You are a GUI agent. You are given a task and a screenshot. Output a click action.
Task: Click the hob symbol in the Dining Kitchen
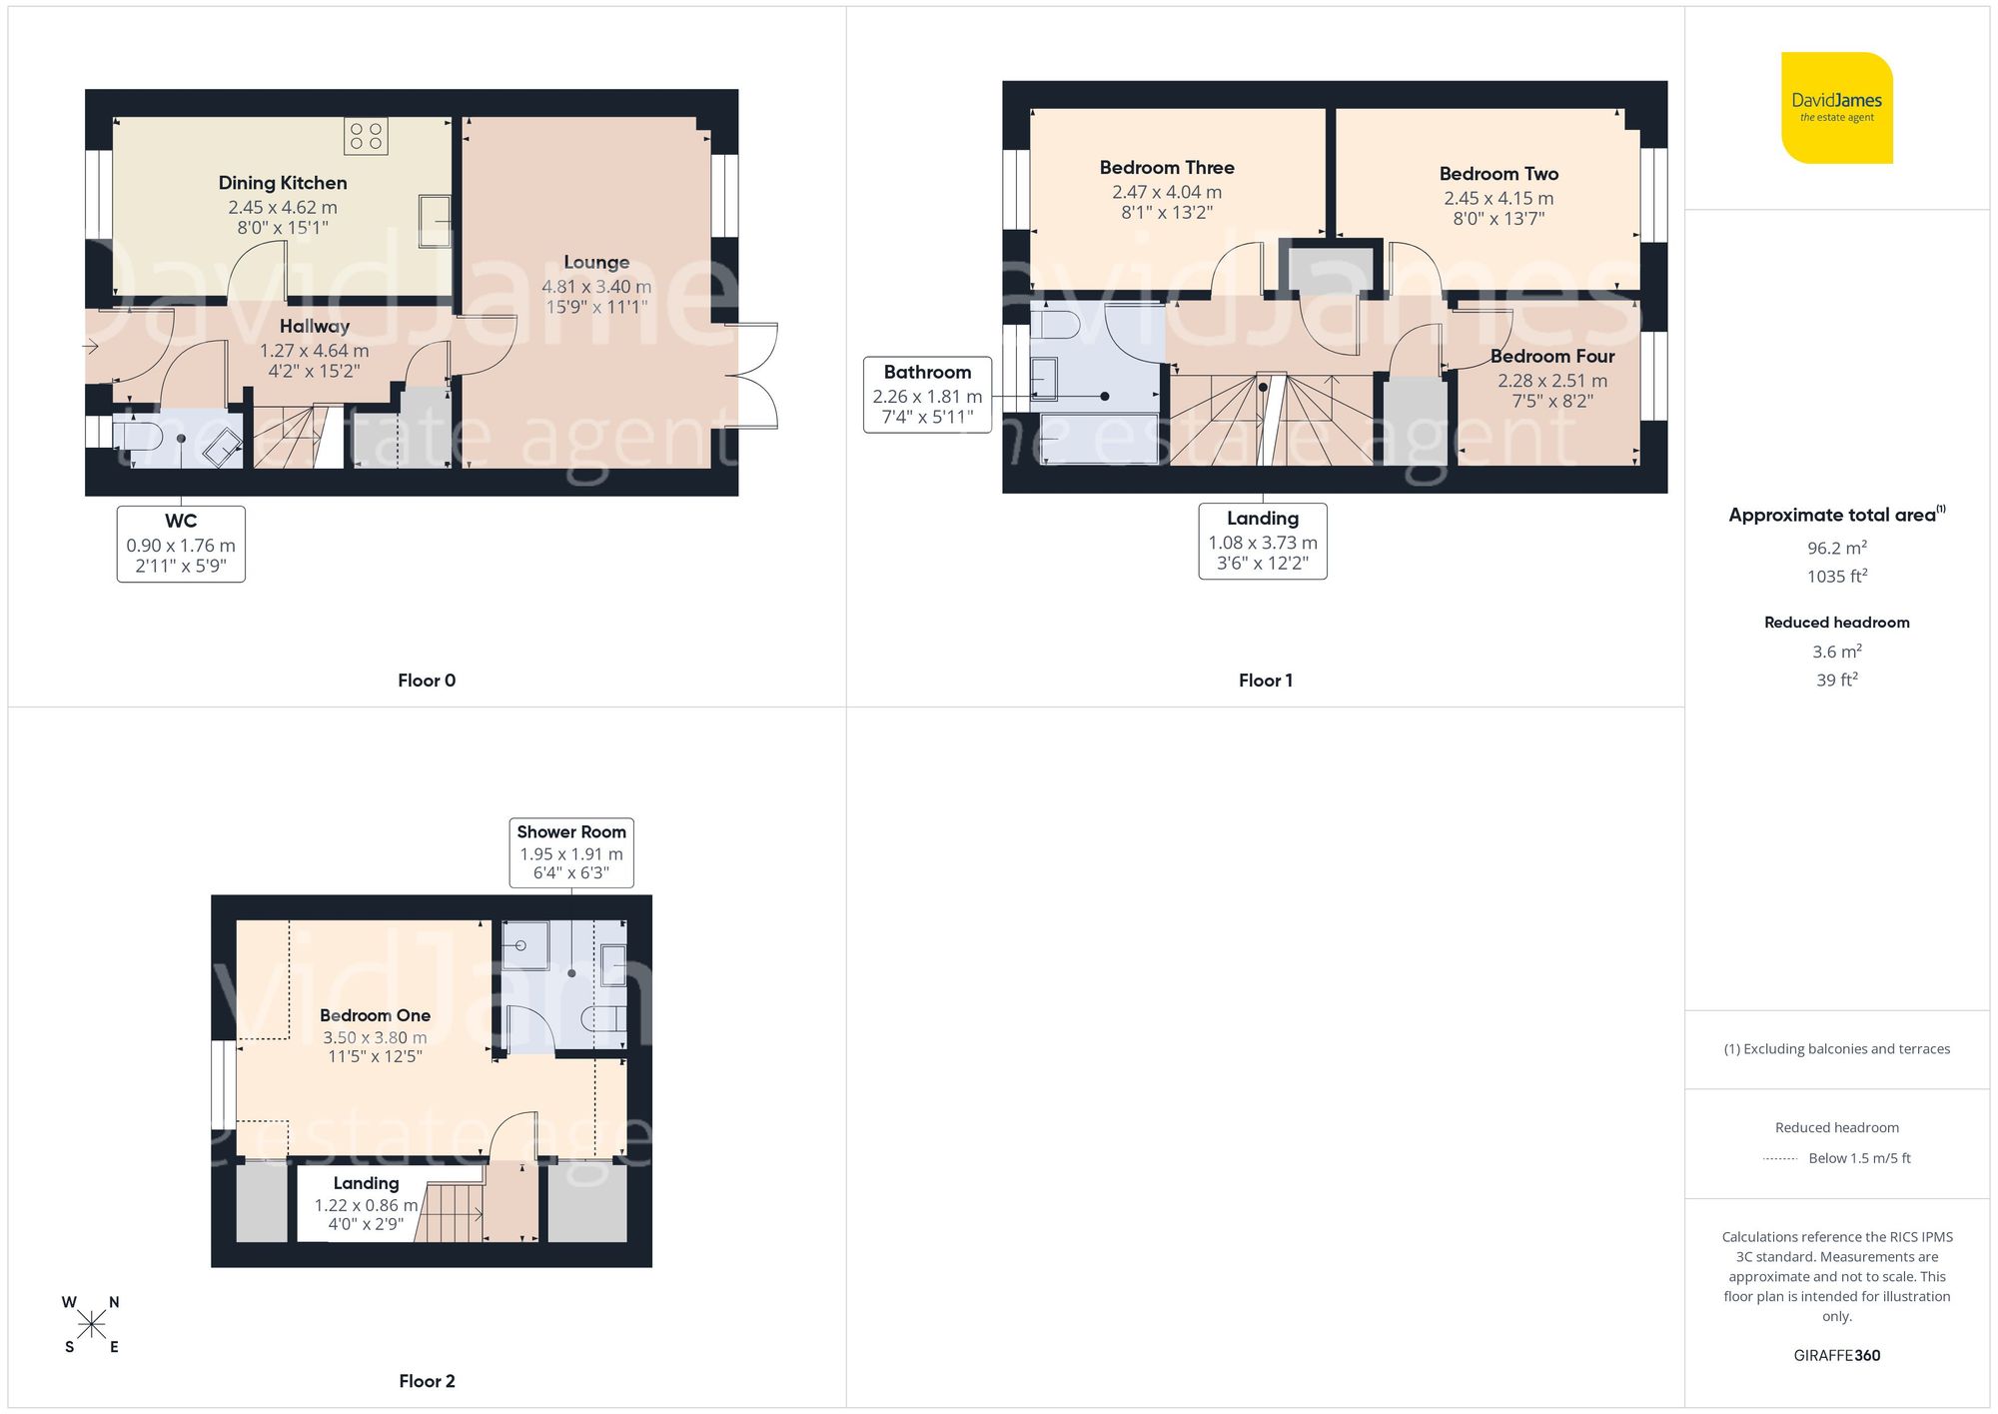click(366, 136)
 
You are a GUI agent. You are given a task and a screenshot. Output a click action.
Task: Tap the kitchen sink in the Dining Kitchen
click(434, 221)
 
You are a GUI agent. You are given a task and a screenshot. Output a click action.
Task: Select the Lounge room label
click(596, 263)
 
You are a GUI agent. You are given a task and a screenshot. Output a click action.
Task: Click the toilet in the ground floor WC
click(137, 436)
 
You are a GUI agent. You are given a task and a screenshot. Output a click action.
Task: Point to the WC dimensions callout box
click(181, 544)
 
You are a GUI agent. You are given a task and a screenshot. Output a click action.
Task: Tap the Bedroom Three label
click(1167, 168)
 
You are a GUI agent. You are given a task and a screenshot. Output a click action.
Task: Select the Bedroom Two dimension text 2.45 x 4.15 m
click(1498, 198)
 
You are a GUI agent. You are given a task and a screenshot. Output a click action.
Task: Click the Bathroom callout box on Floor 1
click(927, 395)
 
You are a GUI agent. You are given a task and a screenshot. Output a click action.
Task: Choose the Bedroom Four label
click(1552, 357)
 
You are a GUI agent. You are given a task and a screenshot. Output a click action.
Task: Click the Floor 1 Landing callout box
click(1263, 541)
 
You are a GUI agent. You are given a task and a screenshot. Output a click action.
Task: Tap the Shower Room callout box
click(571, 851)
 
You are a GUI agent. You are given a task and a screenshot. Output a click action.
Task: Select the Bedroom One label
click(375, 1015)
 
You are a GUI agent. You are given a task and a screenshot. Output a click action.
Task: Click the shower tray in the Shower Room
click(524, 944)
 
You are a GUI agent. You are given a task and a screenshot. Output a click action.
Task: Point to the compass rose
click(91, 1325)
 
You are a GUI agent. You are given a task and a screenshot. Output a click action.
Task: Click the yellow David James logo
click(1836, 108)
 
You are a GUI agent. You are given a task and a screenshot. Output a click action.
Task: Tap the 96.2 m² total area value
click(1836, 548)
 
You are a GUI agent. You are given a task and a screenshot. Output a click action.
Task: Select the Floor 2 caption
click(427, 1381)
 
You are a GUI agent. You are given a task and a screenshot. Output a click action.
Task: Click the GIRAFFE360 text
click(1836, 1355)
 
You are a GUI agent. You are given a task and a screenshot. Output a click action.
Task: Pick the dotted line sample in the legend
click(1780, 1159)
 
